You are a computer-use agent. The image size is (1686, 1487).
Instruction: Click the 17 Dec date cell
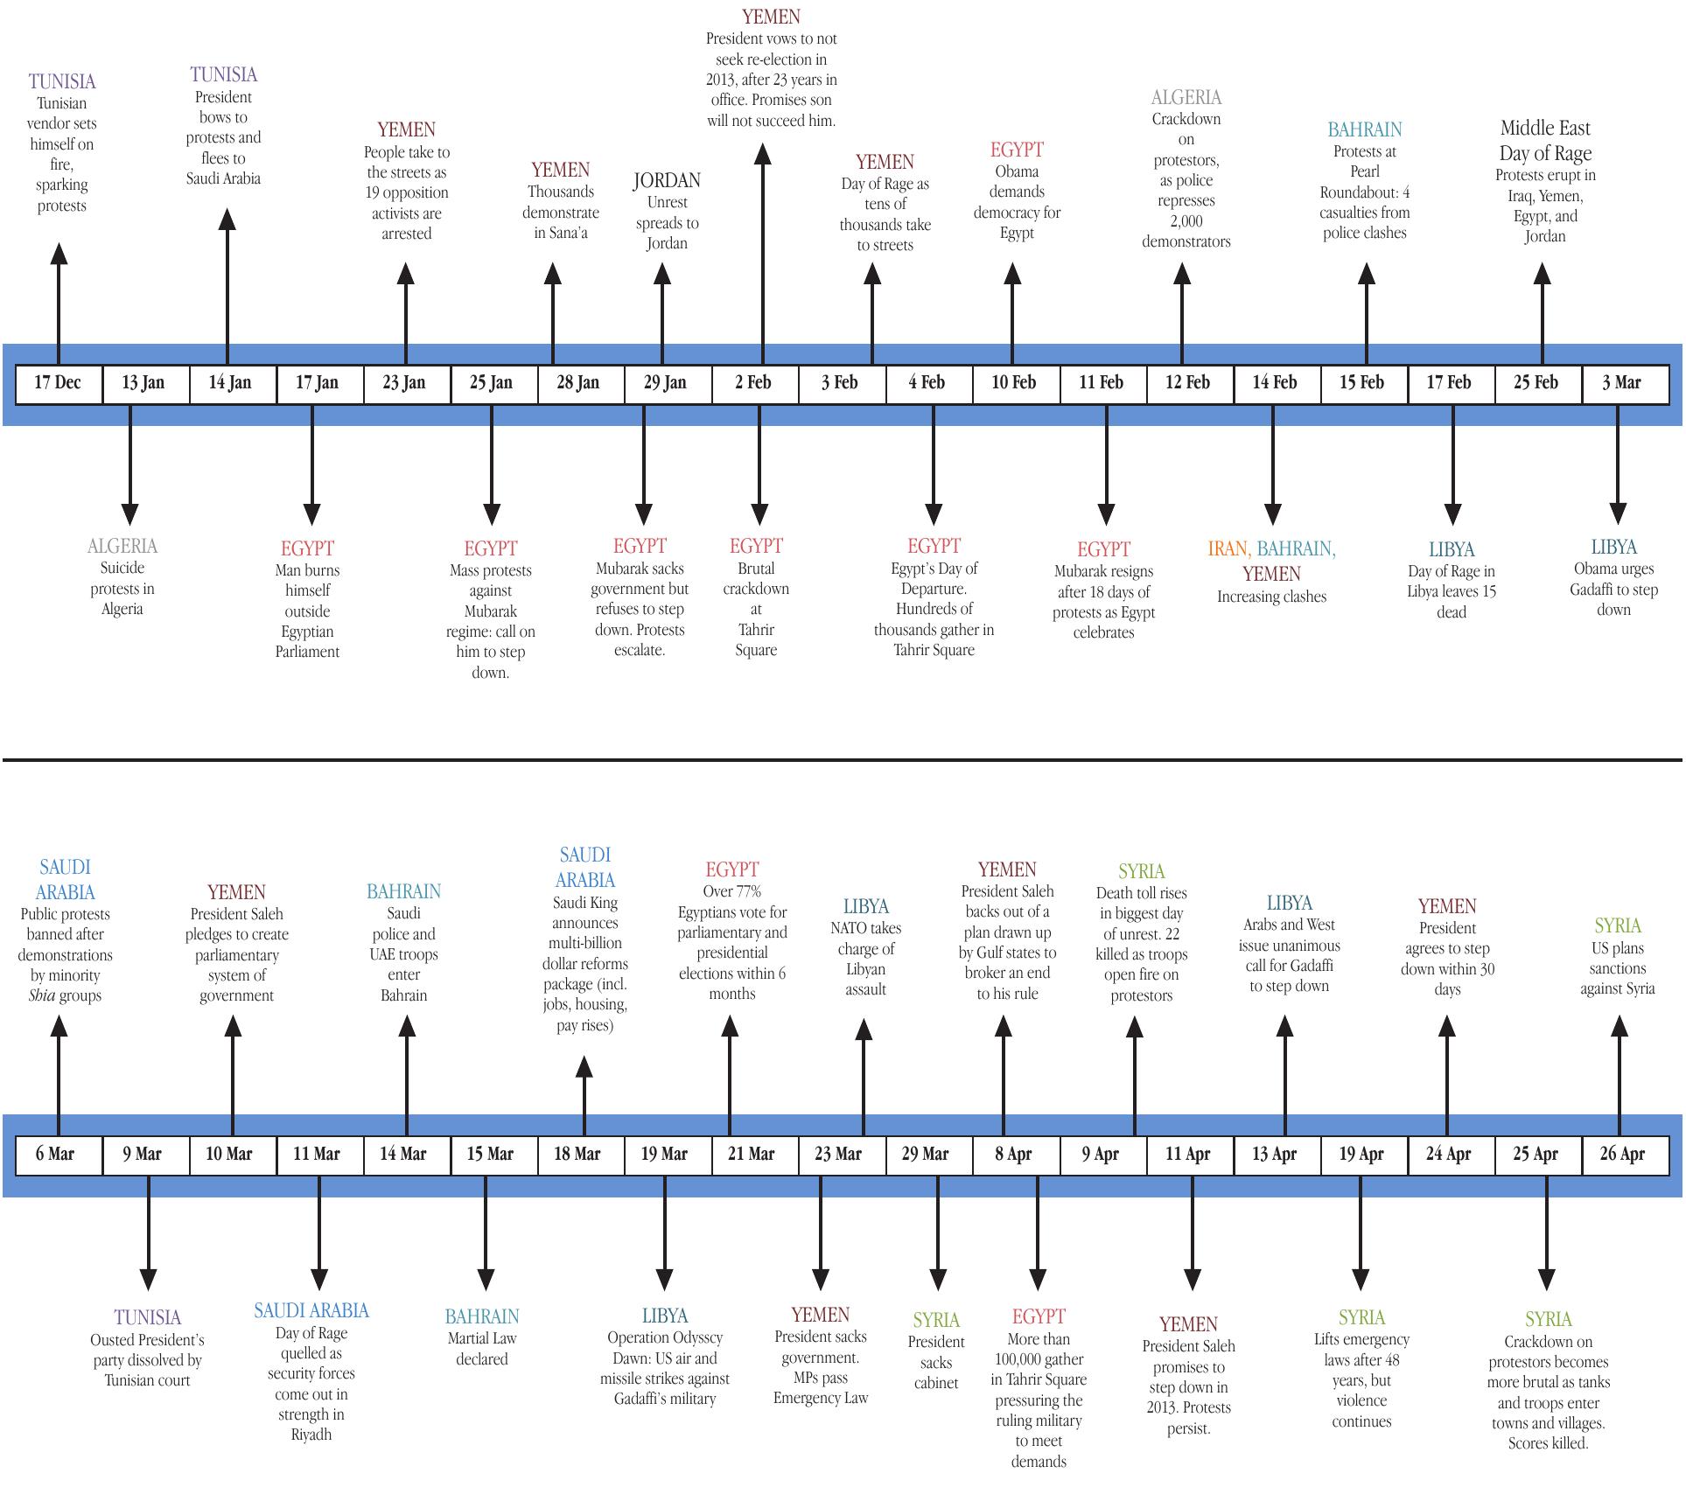click(x=58, y=383)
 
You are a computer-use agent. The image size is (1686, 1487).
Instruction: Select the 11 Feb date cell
click(x=1101, y=383)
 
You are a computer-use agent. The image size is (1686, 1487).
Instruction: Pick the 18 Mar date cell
click(x=577, y=1154)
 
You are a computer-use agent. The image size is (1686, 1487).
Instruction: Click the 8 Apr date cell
click(x=1013, y=1154)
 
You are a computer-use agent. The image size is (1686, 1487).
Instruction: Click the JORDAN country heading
click(x=667, y=181)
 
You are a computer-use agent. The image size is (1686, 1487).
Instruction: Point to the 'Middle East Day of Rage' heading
click(x=1545, y=141)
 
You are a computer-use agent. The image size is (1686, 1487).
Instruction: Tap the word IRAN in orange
click(x=1228, y=549)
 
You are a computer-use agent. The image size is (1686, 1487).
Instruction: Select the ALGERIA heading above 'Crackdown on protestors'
click(x=1186, y=98)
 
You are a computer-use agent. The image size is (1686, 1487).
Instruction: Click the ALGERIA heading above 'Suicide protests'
click(x=122, y=547)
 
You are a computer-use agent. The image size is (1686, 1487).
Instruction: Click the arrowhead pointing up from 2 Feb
click(x=763, y=155)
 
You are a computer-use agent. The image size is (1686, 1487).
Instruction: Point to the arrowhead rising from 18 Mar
click(x=584, y=1066)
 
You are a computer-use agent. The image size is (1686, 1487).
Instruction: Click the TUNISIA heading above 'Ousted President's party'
click(x=148, y=1317)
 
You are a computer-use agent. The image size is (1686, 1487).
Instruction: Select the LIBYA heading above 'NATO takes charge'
click(x=865, y=907)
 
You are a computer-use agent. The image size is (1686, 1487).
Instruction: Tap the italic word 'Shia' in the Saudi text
click(x=41, y=995)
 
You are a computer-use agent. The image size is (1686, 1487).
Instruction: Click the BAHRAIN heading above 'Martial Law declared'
click(x=481, y=1316)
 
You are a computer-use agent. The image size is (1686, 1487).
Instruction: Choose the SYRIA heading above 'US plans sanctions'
click(x=1617, y=926)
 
